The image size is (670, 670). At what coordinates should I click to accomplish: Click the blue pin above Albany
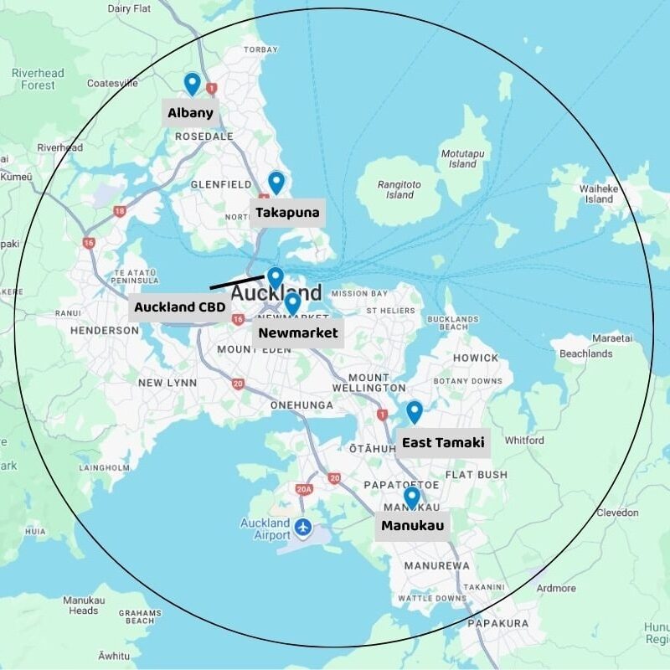[192, 83]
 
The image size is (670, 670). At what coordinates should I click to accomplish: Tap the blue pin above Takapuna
[276, 182]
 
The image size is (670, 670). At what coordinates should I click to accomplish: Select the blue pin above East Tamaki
[415, 411]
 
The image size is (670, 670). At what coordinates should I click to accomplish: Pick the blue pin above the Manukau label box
[411, 497]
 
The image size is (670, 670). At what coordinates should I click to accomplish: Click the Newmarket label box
[298, 332]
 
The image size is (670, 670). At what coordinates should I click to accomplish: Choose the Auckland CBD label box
[180, 307]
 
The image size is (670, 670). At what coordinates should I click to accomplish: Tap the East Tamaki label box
[443, 442]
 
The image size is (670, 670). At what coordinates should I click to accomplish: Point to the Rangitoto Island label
[395, 189]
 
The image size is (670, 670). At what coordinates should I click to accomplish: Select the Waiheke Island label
[599, 193]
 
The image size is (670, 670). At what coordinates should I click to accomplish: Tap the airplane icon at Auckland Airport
[303, 528]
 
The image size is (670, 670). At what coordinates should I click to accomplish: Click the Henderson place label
[105, 331]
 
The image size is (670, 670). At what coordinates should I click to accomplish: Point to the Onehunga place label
[301, 405]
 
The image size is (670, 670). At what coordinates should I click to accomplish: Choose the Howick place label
[476, 358]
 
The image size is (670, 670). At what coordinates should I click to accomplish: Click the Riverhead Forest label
[38, 79]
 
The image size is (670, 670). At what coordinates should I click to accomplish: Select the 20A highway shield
[303, 489]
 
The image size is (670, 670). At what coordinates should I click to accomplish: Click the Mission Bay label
[359, 294]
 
